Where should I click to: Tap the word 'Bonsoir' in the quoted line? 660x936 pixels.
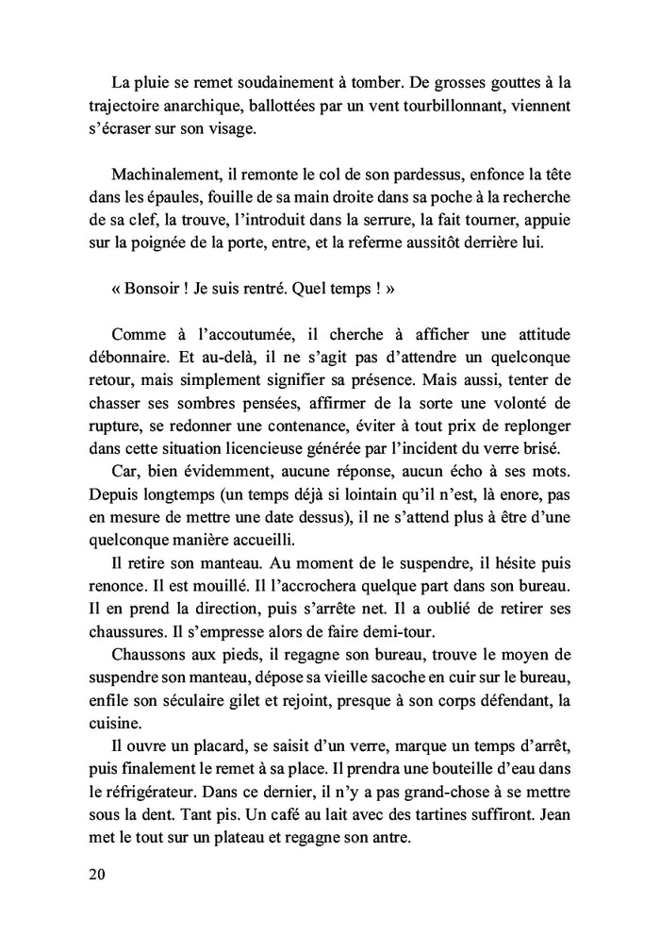pyautogui.click(x=156, y=290)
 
